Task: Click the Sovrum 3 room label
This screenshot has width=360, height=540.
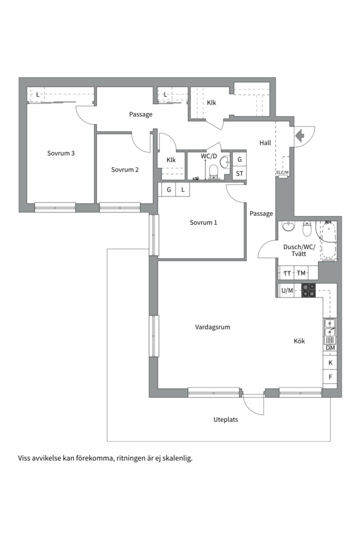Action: pyautogui.click(x=60, y=153)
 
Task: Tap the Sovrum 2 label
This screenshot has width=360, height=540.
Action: pyautogui.click(x=124, y=169)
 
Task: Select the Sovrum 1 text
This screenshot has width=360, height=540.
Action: pyautogui.click(x=203, y=222)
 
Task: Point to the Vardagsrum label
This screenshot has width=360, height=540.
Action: pyautogui.click(x=212, y=327)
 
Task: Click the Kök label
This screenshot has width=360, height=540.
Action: pyautogui.click(x=299, y=341)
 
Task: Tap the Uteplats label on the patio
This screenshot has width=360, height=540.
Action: pyautogui.click(x=225, y=419)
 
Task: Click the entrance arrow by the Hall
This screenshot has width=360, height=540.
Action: pyautogui.click(x=299, y=135)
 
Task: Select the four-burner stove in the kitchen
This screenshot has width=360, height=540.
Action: pyautogui.click(x=308, y=290)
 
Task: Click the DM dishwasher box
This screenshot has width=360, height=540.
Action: pyautogui.click(x=330, y=348)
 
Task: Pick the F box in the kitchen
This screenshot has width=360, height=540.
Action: pyautogui.click(x=330, y=377)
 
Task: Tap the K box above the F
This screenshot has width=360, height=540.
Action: pyautogui.click(x=330, y=362)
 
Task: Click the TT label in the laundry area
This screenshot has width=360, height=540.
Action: pyautogui.click(x=287, y=273)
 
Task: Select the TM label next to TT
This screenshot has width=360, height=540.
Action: pyautogui.click(x=301, y=273)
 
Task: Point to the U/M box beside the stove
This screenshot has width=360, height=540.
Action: pyautogui.click(x=287, y=290)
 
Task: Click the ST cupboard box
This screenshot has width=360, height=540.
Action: pyautogui.click(x=239, y=173)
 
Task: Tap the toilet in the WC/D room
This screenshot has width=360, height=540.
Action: pyautogui.click(x=213, y=171)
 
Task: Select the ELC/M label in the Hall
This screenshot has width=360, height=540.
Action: pyautogui.click(x=282, y=172)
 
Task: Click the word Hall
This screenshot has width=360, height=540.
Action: pyautogui.click(x=265, y=142)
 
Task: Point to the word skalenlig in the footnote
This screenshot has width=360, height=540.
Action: pyautogui.click(x=178, y=458)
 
